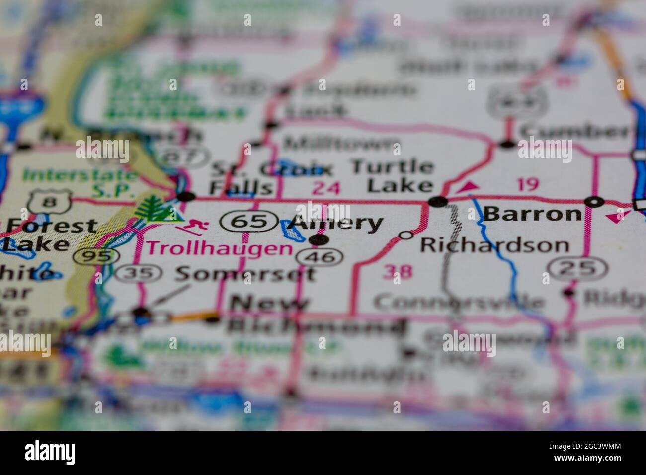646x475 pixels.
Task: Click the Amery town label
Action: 337,224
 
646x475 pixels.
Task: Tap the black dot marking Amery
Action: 319,240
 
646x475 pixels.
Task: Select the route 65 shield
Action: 250,221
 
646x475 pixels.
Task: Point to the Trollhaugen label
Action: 220,248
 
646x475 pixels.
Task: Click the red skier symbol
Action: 193,227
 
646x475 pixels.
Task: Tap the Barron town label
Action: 532,214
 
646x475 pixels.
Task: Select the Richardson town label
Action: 494,245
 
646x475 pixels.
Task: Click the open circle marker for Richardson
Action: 406,236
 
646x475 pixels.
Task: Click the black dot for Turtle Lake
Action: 438,201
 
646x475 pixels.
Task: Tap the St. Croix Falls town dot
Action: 186,197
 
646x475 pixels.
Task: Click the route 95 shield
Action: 96,256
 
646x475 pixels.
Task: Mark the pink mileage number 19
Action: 527,185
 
